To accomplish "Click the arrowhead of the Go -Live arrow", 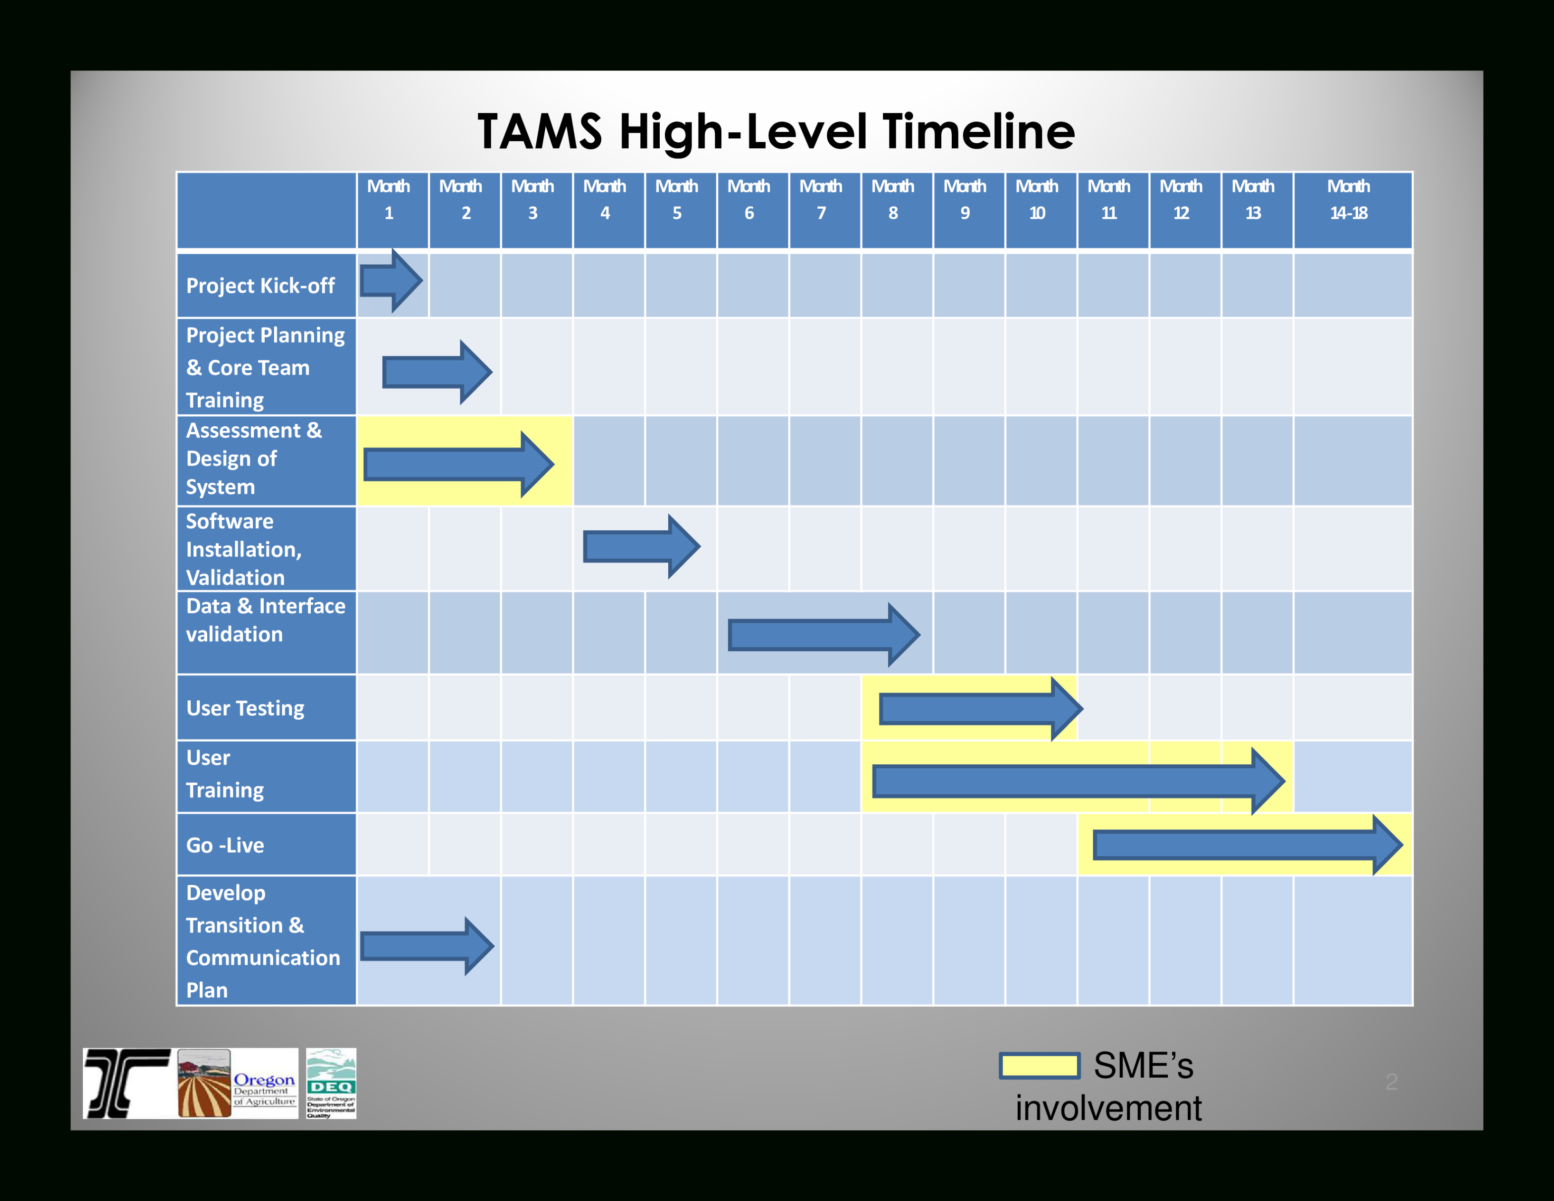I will click(1387, 845).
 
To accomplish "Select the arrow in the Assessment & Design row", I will click(456, 464).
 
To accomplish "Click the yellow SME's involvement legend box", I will click(1039, 1066).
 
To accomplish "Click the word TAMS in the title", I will click(539, 132).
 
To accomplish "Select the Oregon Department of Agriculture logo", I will click(237, 1083).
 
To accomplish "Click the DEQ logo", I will click(331, 1083).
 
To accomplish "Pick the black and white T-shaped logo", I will click(127, 1083).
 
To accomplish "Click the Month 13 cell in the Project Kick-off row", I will click(1257, 286).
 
